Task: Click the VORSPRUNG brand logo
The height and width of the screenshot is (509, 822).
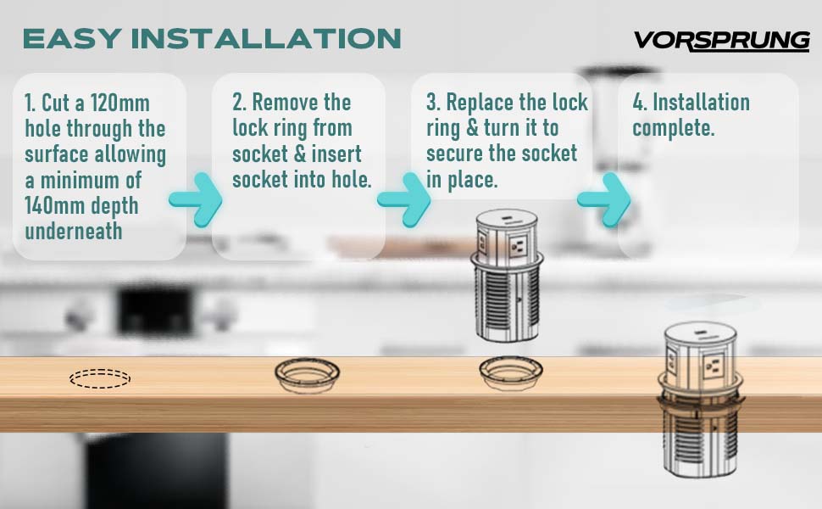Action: coord(722,41)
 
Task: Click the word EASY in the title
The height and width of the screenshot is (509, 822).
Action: coord(73,39)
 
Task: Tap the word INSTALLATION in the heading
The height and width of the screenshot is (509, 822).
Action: coord(266,39)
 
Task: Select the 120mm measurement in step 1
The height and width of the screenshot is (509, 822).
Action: coord(120,103)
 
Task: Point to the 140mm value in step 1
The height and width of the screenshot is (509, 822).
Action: coord(54,205)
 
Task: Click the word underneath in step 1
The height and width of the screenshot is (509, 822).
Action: coord(74,231)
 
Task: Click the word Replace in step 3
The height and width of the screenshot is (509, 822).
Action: coord(481,103)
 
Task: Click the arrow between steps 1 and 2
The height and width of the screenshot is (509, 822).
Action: coord(196,199)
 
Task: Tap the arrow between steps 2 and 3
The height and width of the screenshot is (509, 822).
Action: coord(403,199)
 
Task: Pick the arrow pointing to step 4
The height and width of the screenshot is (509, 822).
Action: coord(604,199)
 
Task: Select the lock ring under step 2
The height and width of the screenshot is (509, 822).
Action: coord(308,362)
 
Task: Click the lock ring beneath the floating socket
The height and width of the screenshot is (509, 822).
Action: coord(511,361)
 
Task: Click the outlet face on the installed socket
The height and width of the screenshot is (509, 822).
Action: coord(713,366)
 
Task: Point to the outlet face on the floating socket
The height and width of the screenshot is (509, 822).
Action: coord(518,245)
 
